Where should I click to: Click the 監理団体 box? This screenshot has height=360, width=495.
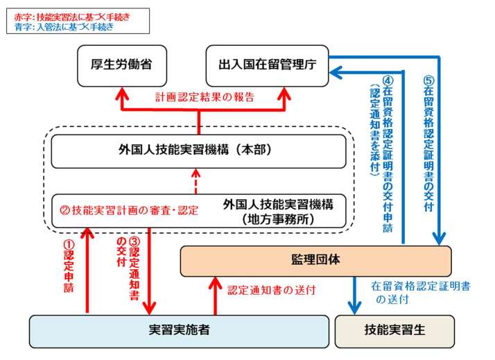[315, 260]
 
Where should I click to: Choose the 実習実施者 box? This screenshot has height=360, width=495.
[179, 331]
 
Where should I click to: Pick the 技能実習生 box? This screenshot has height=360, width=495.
[394, 331]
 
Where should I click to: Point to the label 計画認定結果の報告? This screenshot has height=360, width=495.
[204, 97]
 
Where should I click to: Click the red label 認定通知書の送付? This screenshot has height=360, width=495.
[272, 290]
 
